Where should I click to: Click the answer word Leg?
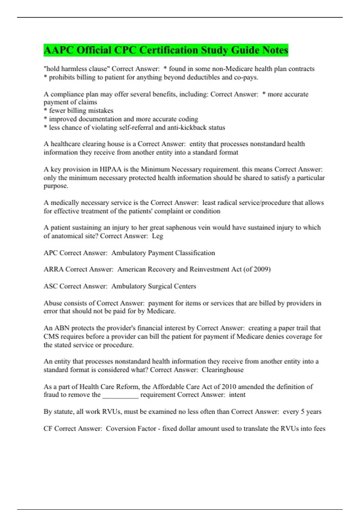tap(157, 236)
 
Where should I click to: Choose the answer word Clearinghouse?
tap(223, 370)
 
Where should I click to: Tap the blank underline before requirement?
tap(121, 395)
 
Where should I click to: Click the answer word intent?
tap(237, 395)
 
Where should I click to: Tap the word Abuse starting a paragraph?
tap(53, 303)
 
